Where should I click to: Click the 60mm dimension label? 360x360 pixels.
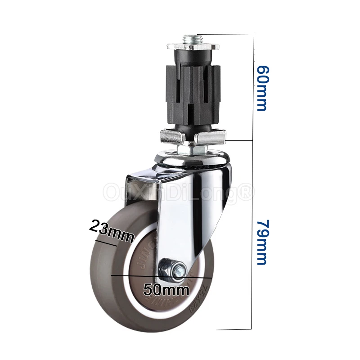261,88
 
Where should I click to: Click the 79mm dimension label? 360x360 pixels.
261,243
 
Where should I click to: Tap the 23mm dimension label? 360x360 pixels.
111,229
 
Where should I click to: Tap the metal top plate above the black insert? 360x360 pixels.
193,47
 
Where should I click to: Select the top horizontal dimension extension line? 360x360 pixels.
225,34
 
